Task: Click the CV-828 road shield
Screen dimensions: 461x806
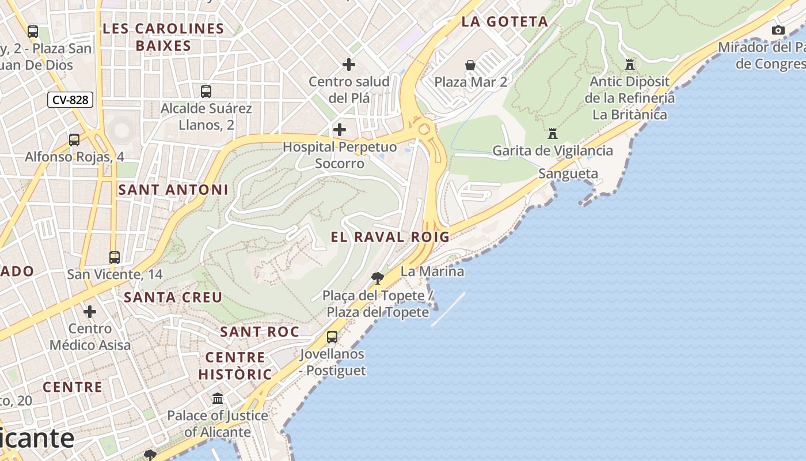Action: click(x=70, y=100)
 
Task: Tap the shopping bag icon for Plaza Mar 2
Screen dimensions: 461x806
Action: click(x=470, y=65)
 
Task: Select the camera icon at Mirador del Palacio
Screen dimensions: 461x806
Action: click(x=778, y=30)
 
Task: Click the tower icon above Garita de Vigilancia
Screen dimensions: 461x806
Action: click(x=553, y=134)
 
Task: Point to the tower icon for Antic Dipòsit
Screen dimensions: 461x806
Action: click(x=630, y=65)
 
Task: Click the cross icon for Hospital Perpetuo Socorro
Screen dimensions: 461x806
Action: click(x=340, y=130)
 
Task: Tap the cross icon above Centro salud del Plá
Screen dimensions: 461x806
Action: click(x=349, y=65)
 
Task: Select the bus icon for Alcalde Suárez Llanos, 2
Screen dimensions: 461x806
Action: click(x=206, y=91)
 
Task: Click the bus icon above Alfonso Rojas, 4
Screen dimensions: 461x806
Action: click(x=74, y=139)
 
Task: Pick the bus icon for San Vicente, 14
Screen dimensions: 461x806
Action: click(x=115, y=257)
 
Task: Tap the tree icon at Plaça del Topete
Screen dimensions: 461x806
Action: click(x=378, y=278)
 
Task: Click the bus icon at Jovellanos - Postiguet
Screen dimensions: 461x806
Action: click(x=332, y=337)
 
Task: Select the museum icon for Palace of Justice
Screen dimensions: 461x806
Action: click(x=218, y=398)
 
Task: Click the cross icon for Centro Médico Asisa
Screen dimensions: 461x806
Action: click(x=90, y=312)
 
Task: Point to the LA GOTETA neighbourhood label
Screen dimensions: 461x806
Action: click(x=504, y=22)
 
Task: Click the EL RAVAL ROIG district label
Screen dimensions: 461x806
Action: click(x=390, y=237)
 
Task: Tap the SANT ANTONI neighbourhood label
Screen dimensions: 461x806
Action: click(x=173, y=190)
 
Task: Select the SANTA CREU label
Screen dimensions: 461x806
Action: click(x=173, y=297)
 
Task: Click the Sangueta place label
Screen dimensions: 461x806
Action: click(x=568, y=173)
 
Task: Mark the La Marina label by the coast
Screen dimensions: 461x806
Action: click(x=432, y=271)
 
